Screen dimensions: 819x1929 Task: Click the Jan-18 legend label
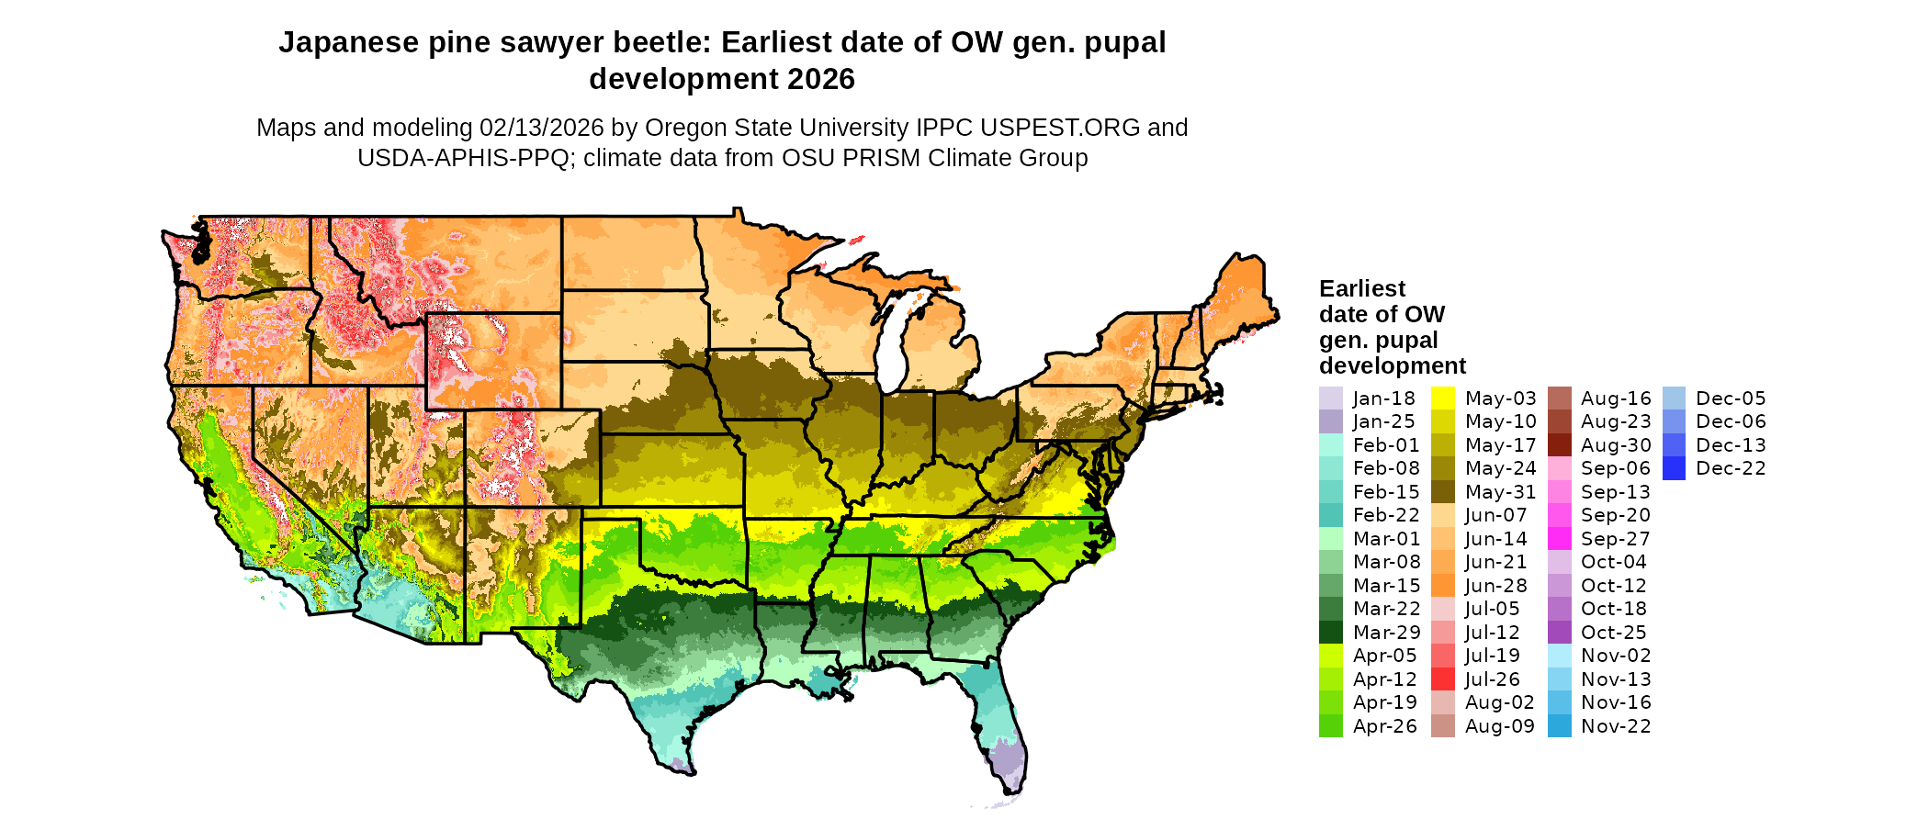1383,398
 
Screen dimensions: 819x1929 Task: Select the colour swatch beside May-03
1443,398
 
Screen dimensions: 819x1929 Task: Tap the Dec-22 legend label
1731,468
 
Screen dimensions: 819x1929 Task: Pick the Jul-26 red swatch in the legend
1443,679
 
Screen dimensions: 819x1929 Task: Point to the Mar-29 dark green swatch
1331,633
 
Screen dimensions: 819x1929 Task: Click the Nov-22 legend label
1616,726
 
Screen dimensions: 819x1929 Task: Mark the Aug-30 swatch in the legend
1560,445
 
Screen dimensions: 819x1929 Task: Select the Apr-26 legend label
1385,726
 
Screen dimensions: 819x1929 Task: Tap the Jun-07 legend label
1496,515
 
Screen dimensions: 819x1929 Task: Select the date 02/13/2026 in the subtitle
542,128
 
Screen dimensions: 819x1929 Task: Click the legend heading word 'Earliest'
1362,289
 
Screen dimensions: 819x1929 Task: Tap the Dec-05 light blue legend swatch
1675,398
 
